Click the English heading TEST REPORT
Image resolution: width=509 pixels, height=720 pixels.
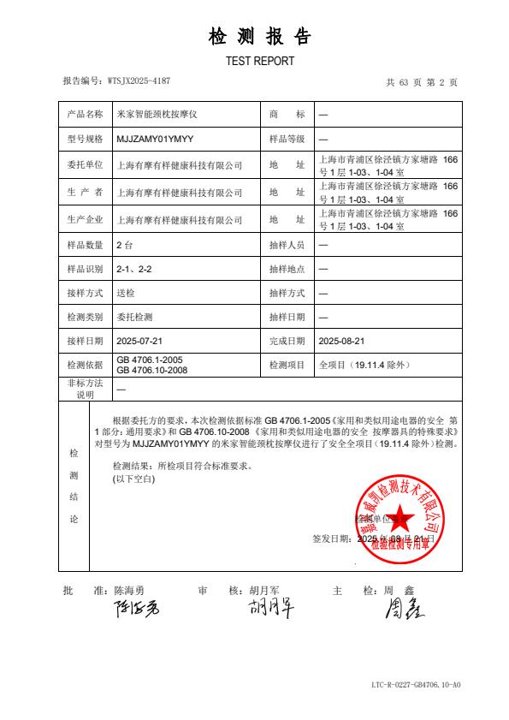[259, 61]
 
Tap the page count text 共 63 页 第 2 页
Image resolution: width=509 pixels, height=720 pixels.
[422, 82]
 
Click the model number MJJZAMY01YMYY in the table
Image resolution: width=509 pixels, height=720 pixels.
[154, 138]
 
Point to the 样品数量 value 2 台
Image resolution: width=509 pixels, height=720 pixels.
[124, 245]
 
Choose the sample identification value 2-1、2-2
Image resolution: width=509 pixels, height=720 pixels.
[133, 269]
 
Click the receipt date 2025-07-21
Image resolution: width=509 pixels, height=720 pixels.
[139, 341]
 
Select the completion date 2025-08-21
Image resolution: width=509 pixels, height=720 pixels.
[341, 341]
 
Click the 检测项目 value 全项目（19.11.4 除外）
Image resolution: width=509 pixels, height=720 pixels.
[364, 365]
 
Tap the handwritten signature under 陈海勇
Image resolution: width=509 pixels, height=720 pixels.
[135, 610]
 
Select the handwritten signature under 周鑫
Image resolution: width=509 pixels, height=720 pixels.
[405, 610]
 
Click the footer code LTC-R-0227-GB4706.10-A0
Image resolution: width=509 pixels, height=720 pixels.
[416, 685]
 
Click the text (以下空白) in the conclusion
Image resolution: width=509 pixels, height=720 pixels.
[133, 479]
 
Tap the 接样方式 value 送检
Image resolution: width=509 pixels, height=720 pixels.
[126, 293]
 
